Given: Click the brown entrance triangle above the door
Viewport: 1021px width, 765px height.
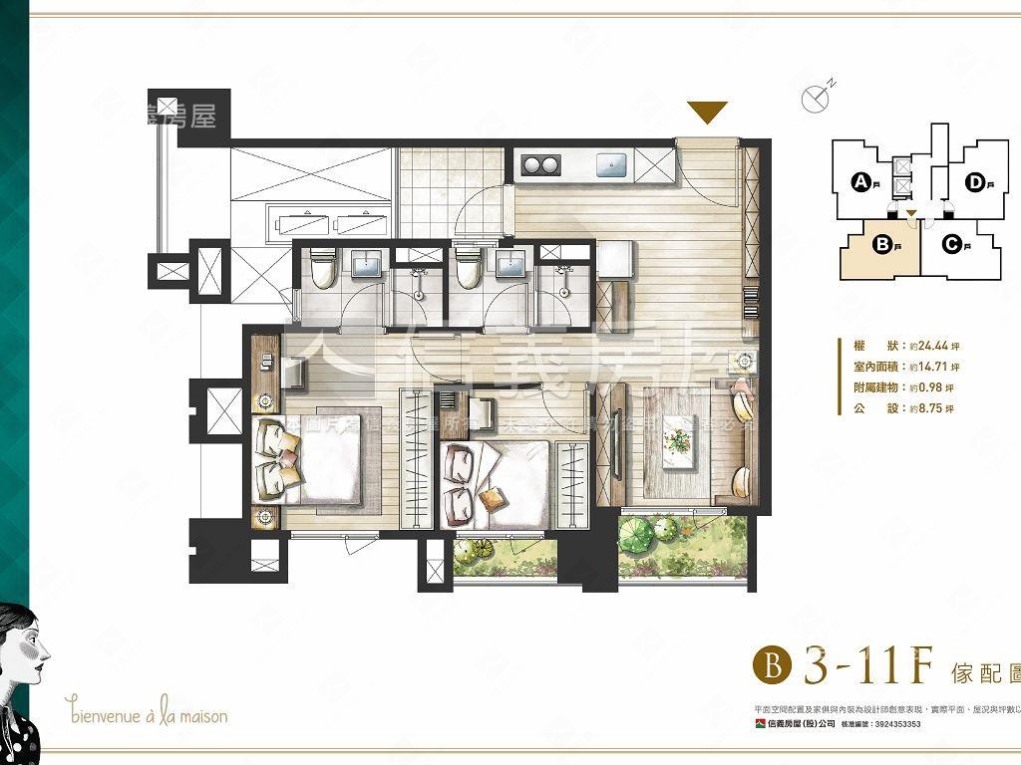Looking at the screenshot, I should pyautogui.click(x=708, y=112).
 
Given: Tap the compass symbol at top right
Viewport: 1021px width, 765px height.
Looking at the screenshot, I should pyautogui.click(x=816, y=97).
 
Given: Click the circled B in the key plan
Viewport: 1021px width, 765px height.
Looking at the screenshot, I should pyautogui.click(x=881, y=242).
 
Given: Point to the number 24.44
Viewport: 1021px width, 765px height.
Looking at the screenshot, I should pyautogui.click(x=923, y=347).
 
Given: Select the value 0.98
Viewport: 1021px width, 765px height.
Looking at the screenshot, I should pyautogui.click(x=921, y=388).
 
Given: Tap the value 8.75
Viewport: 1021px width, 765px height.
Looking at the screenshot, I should pyautogui.click(x=921, y=409).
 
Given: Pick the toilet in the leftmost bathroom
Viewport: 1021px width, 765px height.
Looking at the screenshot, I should pyautogui.click(x=321, y=267).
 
